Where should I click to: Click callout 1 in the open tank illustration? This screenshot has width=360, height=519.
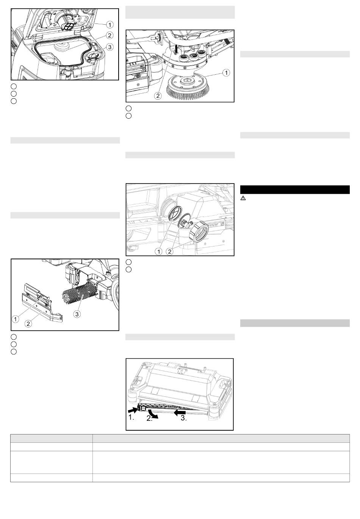point(110,25)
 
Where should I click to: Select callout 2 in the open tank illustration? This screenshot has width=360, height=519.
point(110,35)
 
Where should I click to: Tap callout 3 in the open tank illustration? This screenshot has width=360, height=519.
point(110,47)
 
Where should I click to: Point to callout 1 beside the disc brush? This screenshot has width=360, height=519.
point(226,73)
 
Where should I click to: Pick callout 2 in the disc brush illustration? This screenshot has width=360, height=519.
point(158,96)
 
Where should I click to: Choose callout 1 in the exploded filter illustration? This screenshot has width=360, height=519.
point(159,251)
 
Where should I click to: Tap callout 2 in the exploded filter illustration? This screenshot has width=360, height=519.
point(170,251)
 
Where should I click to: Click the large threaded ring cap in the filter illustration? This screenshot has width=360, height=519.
point(199,232)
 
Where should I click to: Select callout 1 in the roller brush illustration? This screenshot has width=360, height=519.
point(15,319)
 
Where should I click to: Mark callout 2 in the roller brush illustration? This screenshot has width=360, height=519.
point(28,324)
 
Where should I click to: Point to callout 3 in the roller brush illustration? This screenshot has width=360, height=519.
point(77,314)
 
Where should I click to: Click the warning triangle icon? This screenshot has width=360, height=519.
point(243,198)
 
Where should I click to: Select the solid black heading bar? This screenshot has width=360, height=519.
point(295,190)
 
